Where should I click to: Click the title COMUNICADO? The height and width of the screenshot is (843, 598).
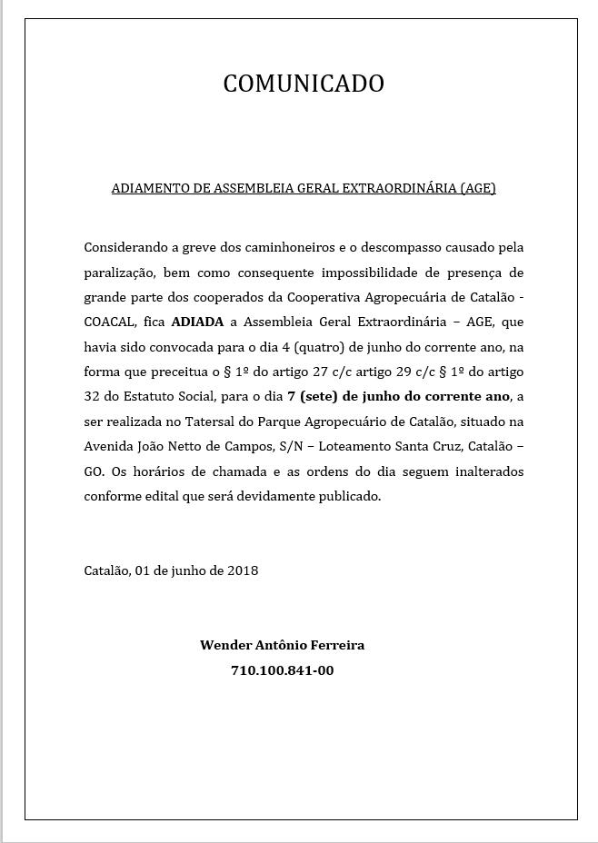[x=304, y=84]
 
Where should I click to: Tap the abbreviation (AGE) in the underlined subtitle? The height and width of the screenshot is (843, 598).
[x=477, y=189]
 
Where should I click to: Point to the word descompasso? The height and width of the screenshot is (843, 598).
[x=398, y=247]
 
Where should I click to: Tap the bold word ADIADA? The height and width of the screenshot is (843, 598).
[x=197, y=322]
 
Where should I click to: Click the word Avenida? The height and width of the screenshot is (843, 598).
[x=109, y=447]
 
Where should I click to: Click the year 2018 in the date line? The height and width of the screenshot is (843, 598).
[x=243, y=571]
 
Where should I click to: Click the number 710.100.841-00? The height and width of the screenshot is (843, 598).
[x=283, y=671]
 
